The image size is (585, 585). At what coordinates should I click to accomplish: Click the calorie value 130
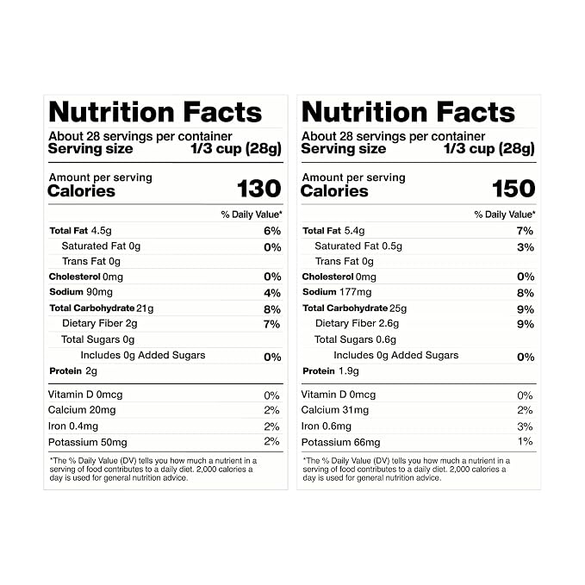(x=259, y=189)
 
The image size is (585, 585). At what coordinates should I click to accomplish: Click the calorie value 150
(x=513, y=189)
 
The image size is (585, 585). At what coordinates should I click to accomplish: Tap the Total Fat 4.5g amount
(x=101, y=231)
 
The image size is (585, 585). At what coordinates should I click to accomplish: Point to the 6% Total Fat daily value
(x=272, y=231)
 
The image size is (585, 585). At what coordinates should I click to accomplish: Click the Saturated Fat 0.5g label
(x=358, y=246)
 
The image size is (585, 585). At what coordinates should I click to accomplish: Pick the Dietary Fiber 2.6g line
(x=357, y=323)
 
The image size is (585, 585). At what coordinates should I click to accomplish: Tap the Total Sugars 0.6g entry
(x=355, y=339)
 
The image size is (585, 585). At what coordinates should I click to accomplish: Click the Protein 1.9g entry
(x=331, y=371)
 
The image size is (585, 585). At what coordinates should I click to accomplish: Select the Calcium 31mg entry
(x=334, y=410)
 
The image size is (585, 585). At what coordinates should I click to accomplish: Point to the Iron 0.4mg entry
(x=73, y=426)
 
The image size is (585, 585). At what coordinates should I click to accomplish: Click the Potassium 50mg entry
(x=88, y=443)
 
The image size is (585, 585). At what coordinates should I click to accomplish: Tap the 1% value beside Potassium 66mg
(x=525, y=442)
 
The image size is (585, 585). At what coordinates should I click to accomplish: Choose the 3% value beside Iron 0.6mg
(x=525, y=426)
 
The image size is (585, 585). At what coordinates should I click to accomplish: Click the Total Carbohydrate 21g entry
(x=102, y=308)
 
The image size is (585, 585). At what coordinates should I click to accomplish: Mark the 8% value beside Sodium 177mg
(x=526, y=293)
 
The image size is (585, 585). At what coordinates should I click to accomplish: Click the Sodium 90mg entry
(x=81, y=292)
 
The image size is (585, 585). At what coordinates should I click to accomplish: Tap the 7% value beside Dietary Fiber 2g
(x=271, y=324)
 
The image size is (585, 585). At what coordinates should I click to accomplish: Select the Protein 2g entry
(x=73, y=371)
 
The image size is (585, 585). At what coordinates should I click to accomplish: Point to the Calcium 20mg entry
(x=82, y=410)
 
